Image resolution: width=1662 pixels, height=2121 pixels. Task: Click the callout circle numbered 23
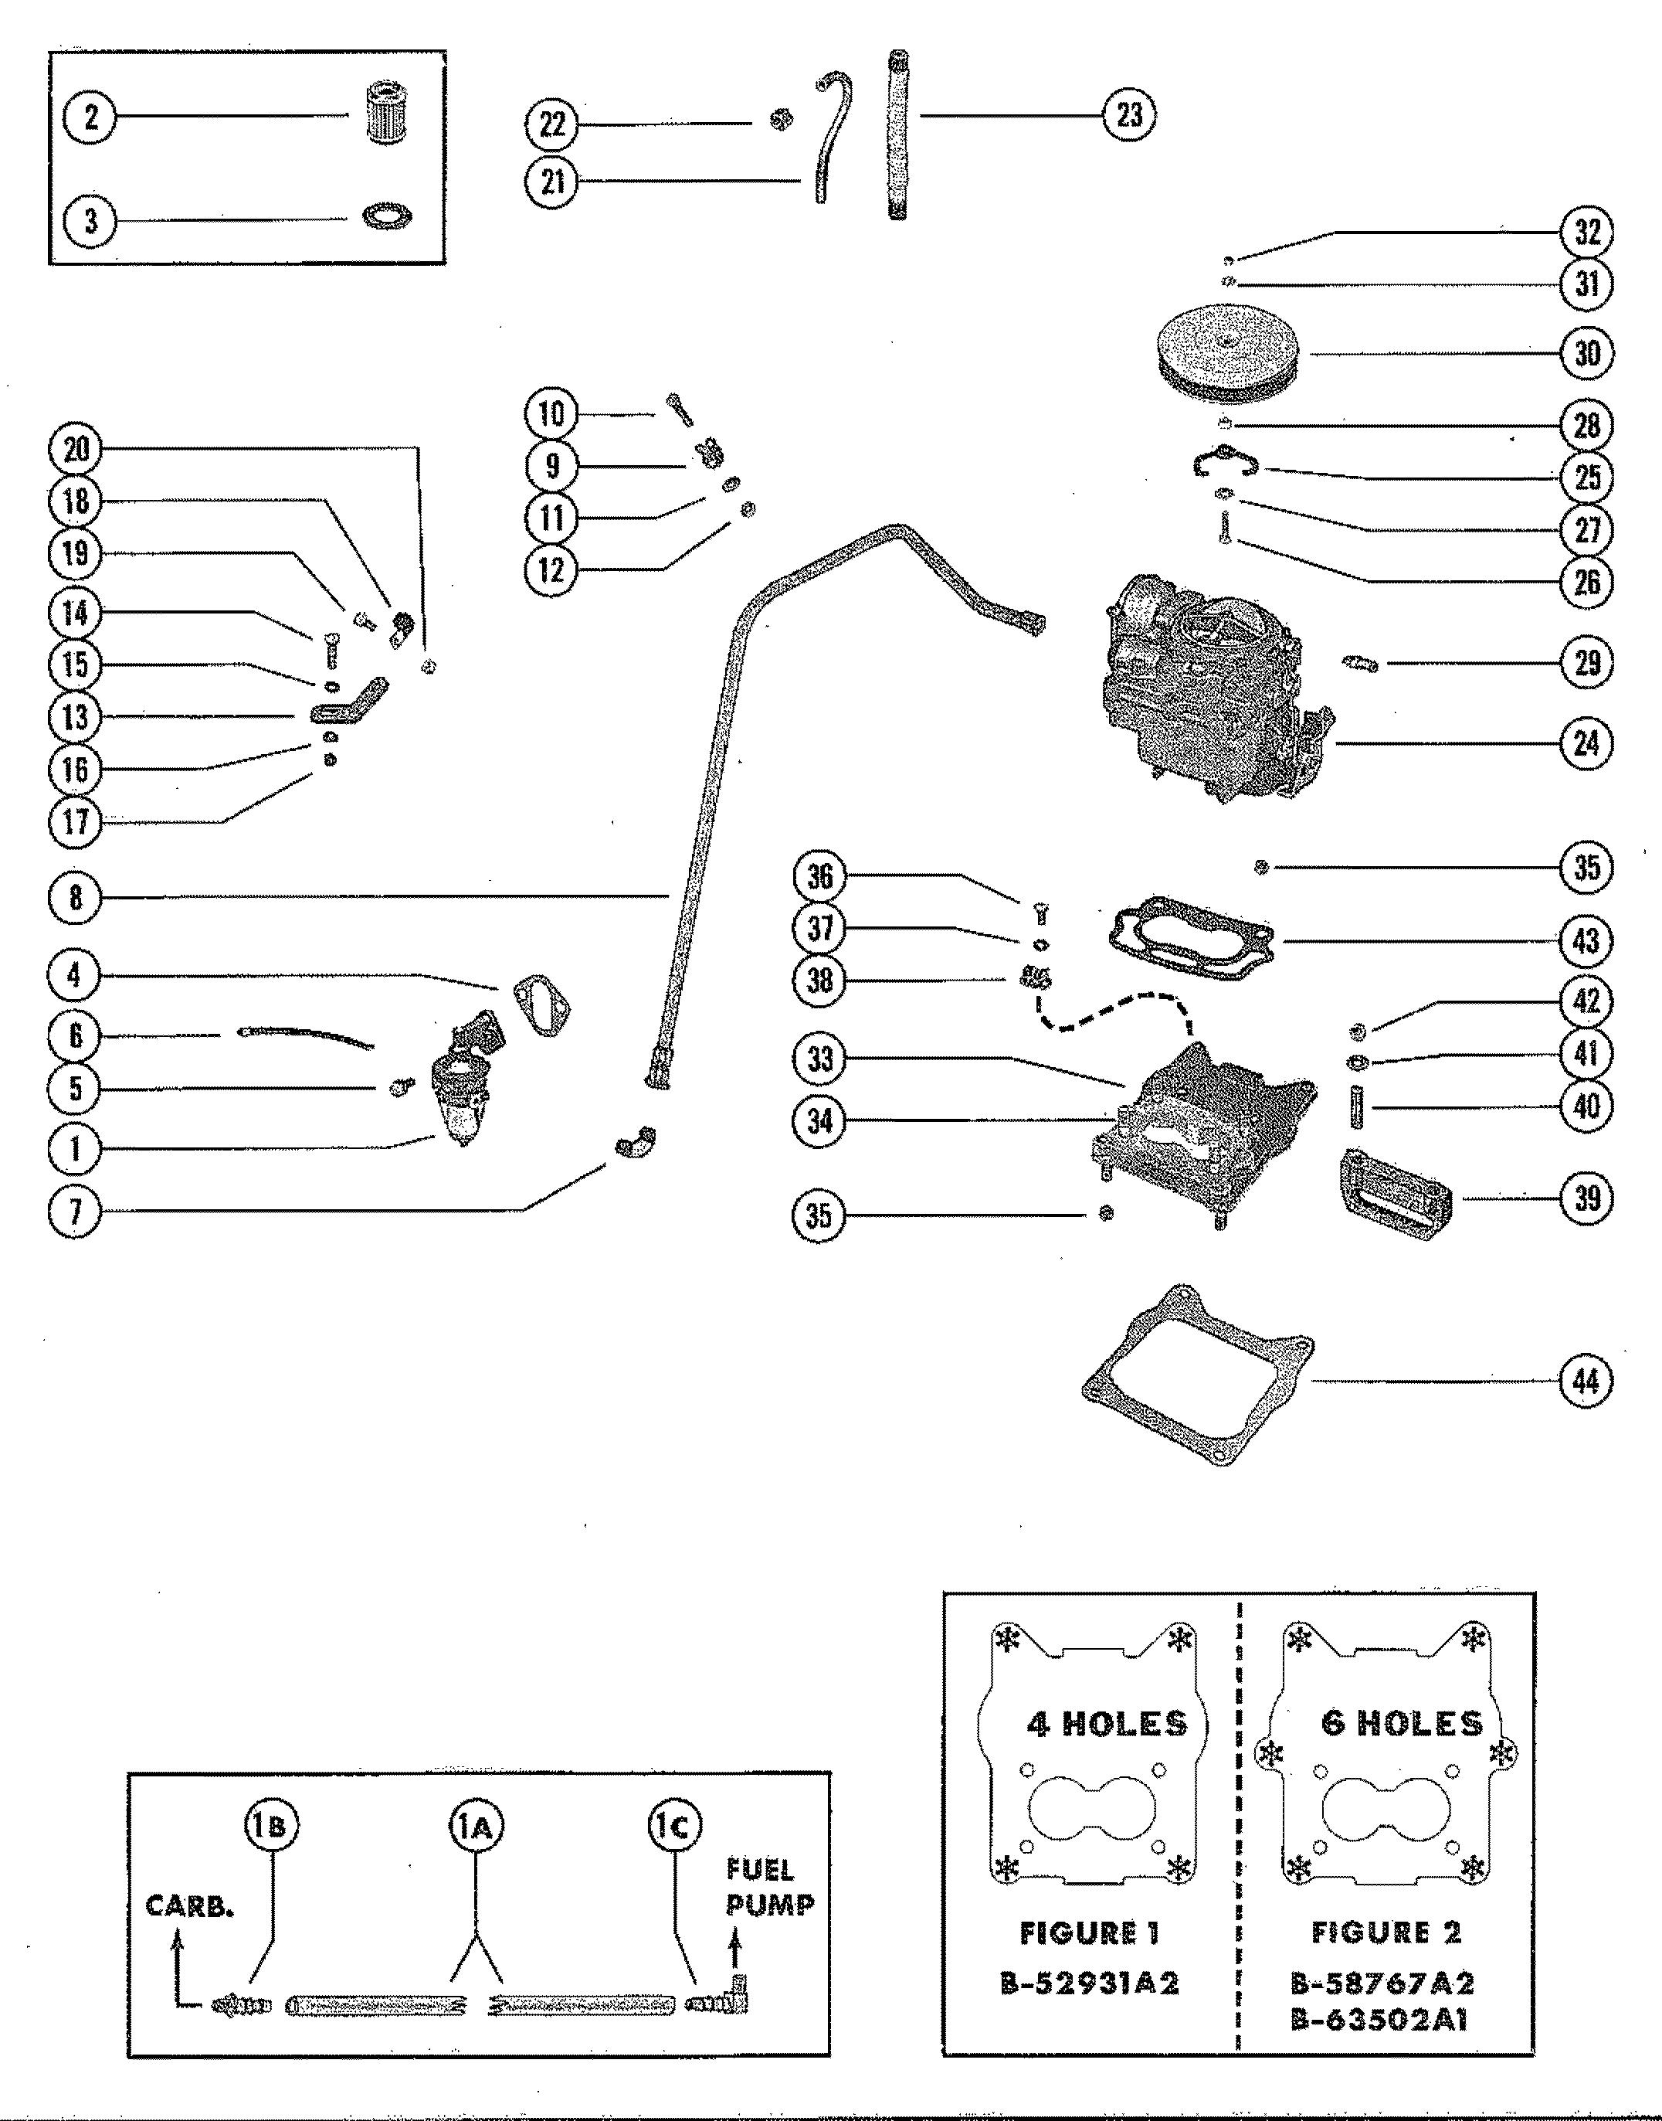click(1129, 115)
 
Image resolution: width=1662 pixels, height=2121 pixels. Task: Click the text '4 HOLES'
click(1107, 1724)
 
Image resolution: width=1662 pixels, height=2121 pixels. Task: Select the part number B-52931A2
click(1090, 1983)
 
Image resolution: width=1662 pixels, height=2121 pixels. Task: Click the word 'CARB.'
click(190, 1906)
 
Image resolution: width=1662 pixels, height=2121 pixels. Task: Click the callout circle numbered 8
click(75, 896)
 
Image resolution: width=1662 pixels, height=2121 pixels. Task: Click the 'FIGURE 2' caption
click(1386, 1932)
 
